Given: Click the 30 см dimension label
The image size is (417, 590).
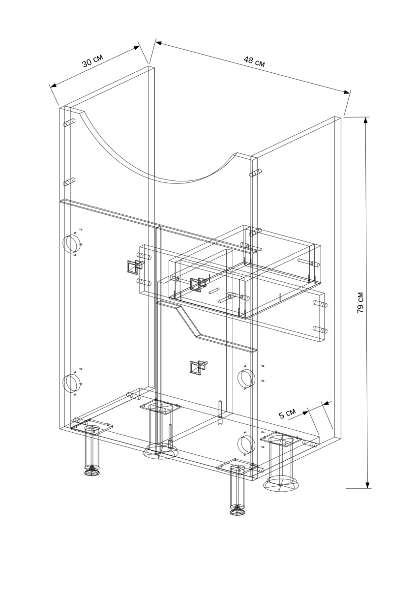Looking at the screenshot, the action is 92,60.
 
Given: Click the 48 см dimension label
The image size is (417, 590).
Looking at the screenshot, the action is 254,61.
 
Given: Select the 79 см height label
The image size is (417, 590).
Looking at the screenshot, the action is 360,302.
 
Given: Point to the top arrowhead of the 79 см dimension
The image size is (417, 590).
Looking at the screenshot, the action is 366,120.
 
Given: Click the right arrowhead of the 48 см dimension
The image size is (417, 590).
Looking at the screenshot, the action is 347,91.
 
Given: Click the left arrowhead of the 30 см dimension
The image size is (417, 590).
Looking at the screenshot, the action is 53,85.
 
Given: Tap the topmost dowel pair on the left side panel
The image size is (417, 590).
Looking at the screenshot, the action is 69,123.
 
